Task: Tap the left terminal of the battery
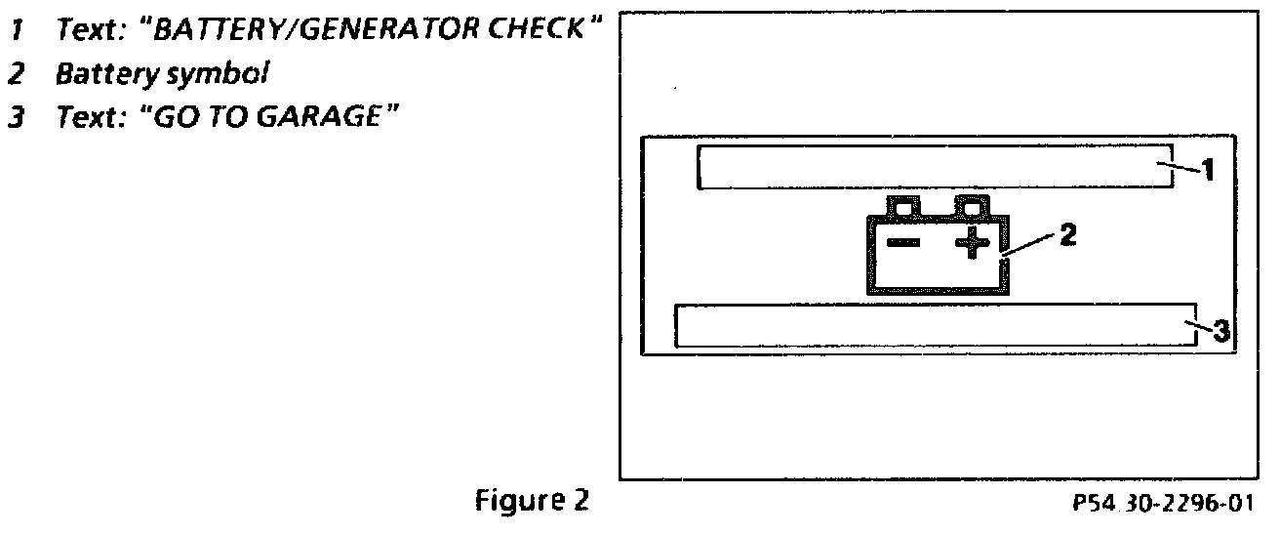click(x=902, y=207)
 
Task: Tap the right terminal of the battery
click(x=971, y=207)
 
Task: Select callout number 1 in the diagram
click(x=1207, y=172)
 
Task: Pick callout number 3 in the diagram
click(x=1220, y=331)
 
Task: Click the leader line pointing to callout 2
click(x=1029, y=244)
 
